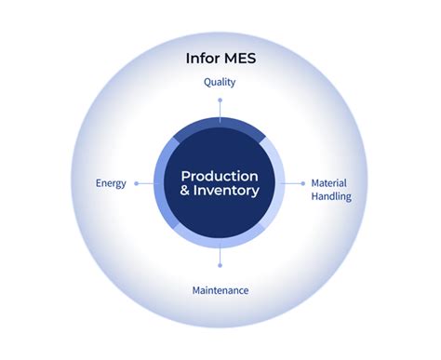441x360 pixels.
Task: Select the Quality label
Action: point(220,82)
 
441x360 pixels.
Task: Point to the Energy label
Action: point(111,183)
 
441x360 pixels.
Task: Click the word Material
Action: point(329,183)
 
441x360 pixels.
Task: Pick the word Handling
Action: point(330,197)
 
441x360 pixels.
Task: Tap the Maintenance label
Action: point(220,290)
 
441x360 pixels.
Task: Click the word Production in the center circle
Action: point(220,176)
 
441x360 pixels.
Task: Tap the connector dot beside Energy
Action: point(137,183)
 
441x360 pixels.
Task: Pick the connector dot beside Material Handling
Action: point(303,183)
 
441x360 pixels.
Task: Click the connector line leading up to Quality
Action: point(220,108)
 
